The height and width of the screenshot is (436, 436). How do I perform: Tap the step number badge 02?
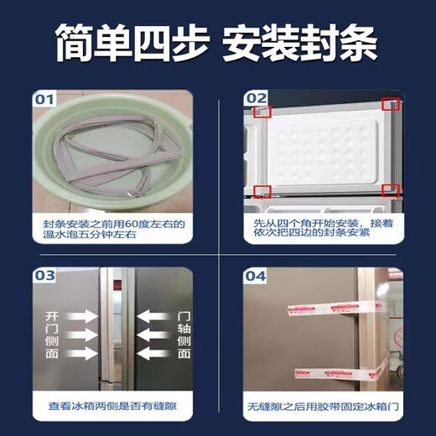(257, 99)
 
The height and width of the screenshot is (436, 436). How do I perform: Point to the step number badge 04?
(257, 275)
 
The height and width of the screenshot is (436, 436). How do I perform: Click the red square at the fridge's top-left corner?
(262, 109)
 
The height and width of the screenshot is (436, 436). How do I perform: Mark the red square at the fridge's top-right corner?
(389, 105)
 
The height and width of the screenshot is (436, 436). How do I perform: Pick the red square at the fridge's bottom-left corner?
(262, 191)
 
